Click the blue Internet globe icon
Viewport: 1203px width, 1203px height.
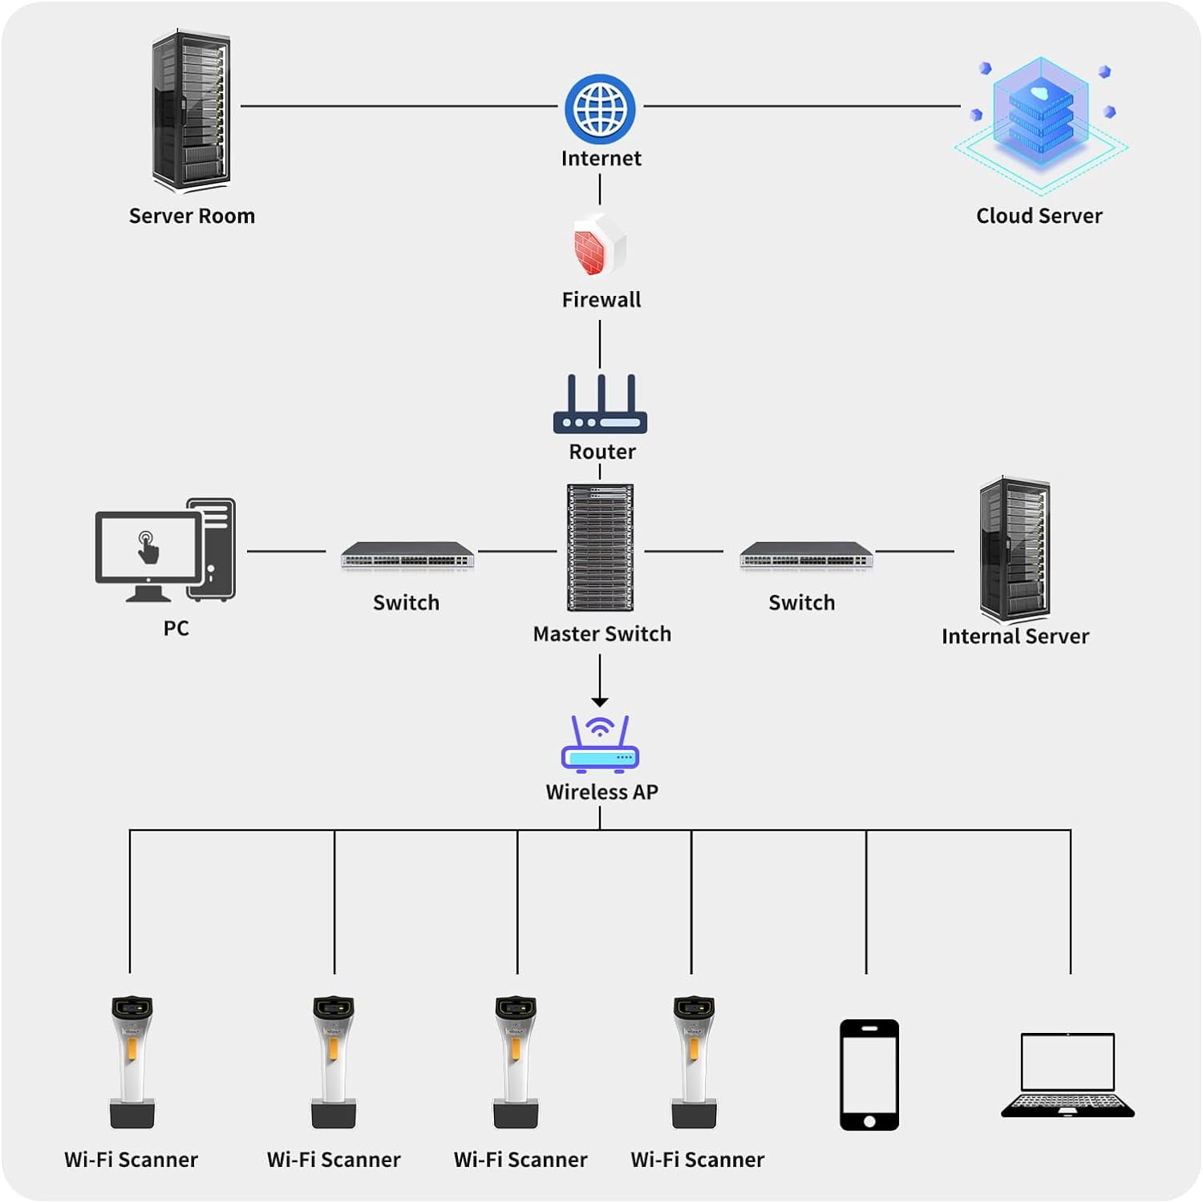tap(600, 109)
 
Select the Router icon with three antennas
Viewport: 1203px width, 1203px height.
tap(600, 405)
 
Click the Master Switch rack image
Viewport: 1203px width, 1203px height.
tap(600, 547)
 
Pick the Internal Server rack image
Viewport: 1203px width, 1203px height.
tap(1015, 549)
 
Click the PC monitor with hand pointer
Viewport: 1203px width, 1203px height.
tap(149, 550)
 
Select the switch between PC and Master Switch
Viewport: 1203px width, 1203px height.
tap(407, 555)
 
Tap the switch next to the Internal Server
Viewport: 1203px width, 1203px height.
tap(806, 555)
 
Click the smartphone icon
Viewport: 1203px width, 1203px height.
tap(869, 1075)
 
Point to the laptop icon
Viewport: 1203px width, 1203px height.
tap(1067, 1075)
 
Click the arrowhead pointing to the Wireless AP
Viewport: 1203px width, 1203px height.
tap(600, 702)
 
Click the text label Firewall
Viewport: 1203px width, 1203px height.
tap(601, 300)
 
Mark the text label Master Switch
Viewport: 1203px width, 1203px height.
tap(601, 634)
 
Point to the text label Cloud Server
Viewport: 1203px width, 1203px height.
tap(1039, 216)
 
